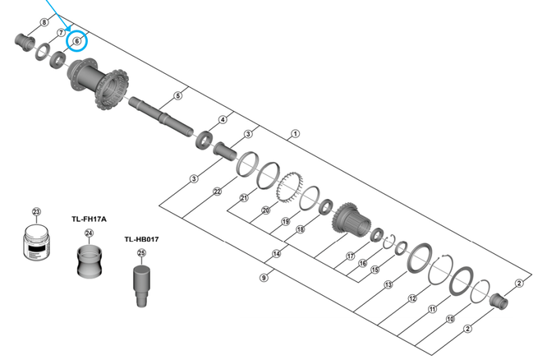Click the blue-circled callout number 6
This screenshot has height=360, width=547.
tap(77, 40)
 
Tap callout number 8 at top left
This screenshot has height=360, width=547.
tap(44, 21)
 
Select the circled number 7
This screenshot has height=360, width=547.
tap(61, 31)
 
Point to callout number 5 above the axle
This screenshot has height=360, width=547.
tap(178, 96)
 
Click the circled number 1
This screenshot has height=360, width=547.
tap(295, 133)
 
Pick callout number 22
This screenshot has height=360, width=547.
tap(218, 192)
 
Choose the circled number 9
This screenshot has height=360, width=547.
tap(264, 278)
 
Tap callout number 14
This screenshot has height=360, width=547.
tap(276, 254)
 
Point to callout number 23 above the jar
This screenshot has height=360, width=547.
tap(36, 212)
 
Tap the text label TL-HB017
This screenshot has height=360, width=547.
tap(141, 239)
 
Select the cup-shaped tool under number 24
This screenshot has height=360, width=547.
tap(90, 261)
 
